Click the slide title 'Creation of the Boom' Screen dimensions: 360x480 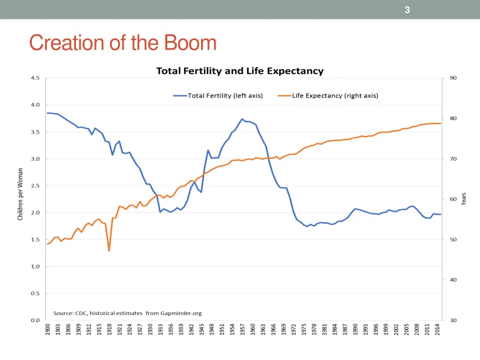(123, 43)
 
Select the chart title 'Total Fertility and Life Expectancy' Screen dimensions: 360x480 (240, 71)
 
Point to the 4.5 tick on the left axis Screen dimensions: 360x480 (35, 78)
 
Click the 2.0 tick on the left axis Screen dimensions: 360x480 (35, 213)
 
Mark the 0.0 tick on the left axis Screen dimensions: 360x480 (35, 321)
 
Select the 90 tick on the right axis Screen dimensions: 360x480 (453, 78)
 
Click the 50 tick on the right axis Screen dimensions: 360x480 (453, 240)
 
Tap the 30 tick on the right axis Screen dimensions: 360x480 (453, 321)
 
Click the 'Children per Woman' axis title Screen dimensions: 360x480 (20, 194)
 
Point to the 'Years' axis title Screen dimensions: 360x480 (464, 199)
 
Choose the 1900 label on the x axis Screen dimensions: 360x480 (47, 331)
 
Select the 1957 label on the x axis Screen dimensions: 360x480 (242, 331)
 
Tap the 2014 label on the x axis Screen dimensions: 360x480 (437, 331)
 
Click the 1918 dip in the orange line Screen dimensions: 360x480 (109, 251)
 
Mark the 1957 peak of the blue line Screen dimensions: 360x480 (242, 119)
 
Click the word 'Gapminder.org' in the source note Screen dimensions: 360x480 (180, 313)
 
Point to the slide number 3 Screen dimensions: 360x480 (407, 10)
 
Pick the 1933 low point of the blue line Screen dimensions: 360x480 (160, 212)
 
